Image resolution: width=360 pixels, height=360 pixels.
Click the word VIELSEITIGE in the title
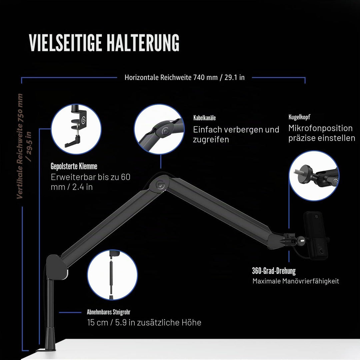[x=65, y=43]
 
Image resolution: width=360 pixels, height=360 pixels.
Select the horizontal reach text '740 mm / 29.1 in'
[x=219, y=77]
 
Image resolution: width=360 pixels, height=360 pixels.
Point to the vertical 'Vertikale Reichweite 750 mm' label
[x=20, y=146]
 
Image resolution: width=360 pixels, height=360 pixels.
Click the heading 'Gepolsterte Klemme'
[x=74, y=166]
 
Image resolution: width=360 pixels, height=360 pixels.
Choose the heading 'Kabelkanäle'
[x=204, y=118]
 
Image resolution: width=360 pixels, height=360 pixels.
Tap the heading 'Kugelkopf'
[x=299, y=117]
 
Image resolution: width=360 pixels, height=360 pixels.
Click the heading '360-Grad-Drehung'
[x=274, y=271]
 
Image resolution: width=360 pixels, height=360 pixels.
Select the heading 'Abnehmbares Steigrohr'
[x=109, y=312]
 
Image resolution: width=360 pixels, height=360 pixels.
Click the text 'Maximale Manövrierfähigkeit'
[x=296, y=281]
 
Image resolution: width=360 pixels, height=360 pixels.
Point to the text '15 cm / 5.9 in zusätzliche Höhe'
[x=144, y=322]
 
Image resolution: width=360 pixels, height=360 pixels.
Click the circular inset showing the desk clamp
[x=76, y=129]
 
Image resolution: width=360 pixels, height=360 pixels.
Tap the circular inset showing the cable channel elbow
[x=159, y=129]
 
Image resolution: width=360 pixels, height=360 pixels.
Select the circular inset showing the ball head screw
[x=314, y=176]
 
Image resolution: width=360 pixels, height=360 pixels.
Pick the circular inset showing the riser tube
[x=112, y=275]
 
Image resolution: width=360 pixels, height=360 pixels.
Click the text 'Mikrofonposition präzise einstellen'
[x=322, y=133]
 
